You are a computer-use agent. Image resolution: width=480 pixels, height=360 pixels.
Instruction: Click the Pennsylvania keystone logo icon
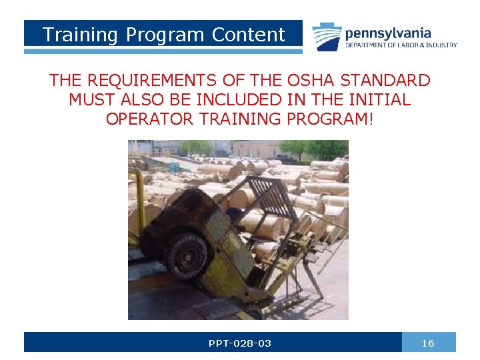click(327, 37)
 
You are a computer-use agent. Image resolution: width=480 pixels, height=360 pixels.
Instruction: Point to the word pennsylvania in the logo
click(388, 33)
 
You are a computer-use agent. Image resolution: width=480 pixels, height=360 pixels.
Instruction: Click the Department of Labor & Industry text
click(401, 45)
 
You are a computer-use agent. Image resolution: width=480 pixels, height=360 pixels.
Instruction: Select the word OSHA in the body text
click(312, 81)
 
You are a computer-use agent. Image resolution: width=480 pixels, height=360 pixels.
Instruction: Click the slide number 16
click(428, 343)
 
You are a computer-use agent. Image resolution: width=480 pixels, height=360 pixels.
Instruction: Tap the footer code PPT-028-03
click(239, 343)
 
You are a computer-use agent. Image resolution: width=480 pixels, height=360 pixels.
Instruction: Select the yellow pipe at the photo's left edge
click(139, 200)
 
